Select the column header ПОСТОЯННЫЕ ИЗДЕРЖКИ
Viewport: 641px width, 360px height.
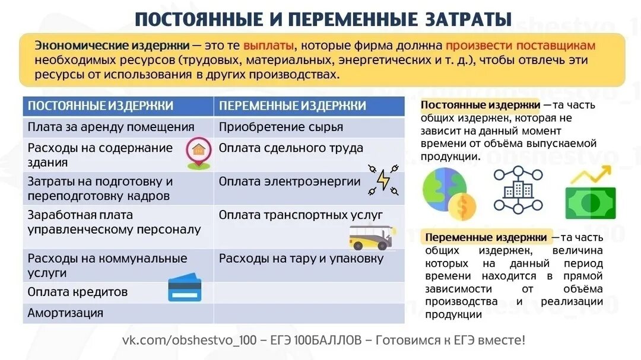pos(100,106)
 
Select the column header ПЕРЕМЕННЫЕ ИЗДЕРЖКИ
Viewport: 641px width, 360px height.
pos(292,106)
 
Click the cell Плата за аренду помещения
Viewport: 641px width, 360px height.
pos(111,127)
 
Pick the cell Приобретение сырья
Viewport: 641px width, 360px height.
pos(281,127)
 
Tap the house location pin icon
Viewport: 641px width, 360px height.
pos(198,153)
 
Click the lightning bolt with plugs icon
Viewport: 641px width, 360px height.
pos(383,180)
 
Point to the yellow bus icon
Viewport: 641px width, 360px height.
pos(370,237)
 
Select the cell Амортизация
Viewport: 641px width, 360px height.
pos(65,313)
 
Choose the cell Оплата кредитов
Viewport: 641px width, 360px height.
pos(77,292)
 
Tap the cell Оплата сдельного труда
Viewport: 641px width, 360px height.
pos(291,148)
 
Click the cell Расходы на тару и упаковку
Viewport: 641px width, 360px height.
pos(301,259)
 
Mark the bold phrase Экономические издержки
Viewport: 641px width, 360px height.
pos(112,46)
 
